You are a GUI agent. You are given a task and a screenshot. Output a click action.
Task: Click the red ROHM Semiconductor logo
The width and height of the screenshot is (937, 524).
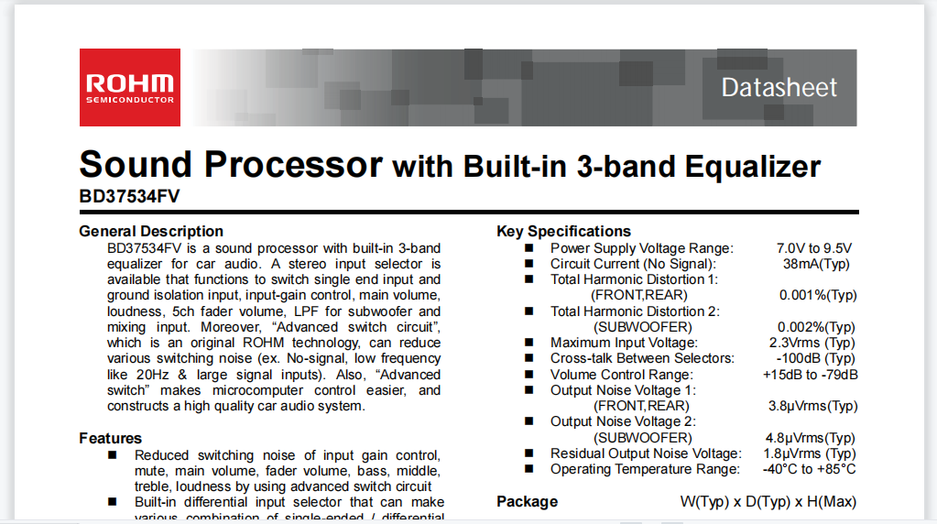coord(130,87)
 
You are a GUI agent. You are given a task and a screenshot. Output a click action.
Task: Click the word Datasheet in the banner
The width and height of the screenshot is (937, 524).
coord(779,88)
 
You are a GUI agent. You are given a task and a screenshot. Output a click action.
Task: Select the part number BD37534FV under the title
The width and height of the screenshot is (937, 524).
coord(129,196)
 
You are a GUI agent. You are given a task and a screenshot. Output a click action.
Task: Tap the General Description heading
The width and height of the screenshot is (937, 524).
coord(151,231)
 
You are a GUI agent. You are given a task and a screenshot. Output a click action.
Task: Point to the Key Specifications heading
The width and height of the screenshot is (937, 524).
coord(563,231)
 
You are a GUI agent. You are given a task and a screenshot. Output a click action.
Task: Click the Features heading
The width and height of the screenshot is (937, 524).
coord(111,438)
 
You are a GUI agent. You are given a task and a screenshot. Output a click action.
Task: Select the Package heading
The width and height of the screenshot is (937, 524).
coord(527,501)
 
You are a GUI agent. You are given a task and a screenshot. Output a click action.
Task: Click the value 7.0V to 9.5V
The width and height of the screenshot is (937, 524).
coord(814,248)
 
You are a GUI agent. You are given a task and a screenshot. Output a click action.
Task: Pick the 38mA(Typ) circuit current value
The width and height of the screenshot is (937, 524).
coord(816,264)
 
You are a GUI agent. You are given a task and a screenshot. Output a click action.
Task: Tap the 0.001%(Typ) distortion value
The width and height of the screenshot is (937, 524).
coord(818,295)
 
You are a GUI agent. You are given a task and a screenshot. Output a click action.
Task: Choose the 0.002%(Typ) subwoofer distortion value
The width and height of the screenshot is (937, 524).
coord(816,327)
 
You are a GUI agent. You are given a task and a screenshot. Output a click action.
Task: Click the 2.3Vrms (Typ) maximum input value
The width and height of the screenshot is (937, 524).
coord(812,343)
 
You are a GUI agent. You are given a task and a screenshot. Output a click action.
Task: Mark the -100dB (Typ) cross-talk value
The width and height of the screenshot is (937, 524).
coord(816,358)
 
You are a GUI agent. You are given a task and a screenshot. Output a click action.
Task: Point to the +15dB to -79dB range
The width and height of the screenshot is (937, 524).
coord(811,375)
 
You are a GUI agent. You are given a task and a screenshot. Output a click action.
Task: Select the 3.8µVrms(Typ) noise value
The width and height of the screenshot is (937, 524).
coord(812,407)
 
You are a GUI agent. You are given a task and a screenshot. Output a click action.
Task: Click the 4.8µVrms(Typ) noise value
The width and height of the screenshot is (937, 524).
coord(811,438)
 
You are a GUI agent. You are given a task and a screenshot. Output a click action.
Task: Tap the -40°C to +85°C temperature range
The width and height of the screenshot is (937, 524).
coord(809,469)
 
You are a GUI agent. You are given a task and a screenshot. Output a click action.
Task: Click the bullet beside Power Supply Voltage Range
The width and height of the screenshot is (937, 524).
coord(528,248)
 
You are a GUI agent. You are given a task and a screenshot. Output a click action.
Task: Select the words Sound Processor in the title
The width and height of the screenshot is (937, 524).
coord(231,164)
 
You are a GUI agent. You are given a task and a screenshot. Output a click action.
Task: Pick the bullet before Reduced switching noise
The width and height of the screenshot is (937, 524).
coord(113,455)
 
